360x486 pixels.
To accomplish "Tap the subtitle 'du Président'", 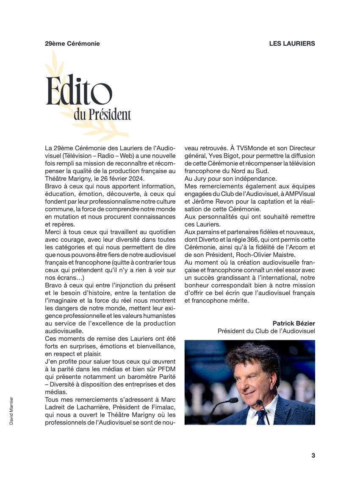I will pos(102,114).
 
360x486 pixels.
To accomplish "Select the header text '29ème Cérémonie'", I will pos(72,43).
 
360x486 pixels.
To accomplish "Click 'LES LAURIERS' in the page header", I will pos(292,43).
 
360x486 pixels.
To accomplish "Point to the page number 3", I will pos(313,456).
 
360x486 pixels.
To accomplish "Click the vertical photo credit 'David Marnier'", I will pos(11,411).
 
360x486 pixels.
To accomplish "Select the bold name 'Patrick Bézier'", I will pos(294,323).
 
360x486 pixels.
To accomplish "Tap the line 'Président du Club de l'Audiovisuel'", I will pos(266,331).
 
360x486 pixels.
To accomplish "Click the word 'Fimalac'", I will pos(161,407).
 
